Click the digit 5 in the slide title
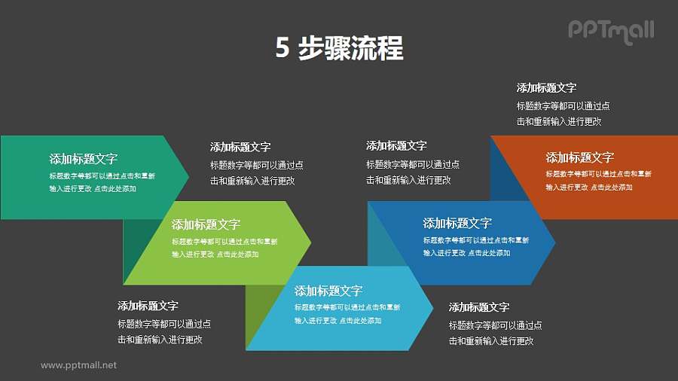click(x=282, y=49)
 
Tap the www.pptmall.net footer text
click(x=78, y=365)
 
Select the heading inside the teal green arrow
click(x=83, y=159)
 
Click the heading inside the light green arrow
click(x=206, y=224)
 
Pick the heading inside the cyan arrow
click(x=328, y=291)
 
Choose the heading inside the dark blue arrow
click(x=457, y=223)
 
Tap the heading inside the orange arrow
click(x=580, y=157)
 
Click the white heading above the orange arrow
click(x=546, y=88)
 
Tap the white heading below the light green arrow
click(x=148, y=306)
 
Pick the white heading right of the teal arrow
click(x=240, y=147)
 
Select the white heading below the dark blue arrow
click(x=479, y=307)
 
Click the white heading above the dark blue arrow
click(x=396, y=146)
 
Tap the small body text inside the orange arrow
click(x=598, y=181)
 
